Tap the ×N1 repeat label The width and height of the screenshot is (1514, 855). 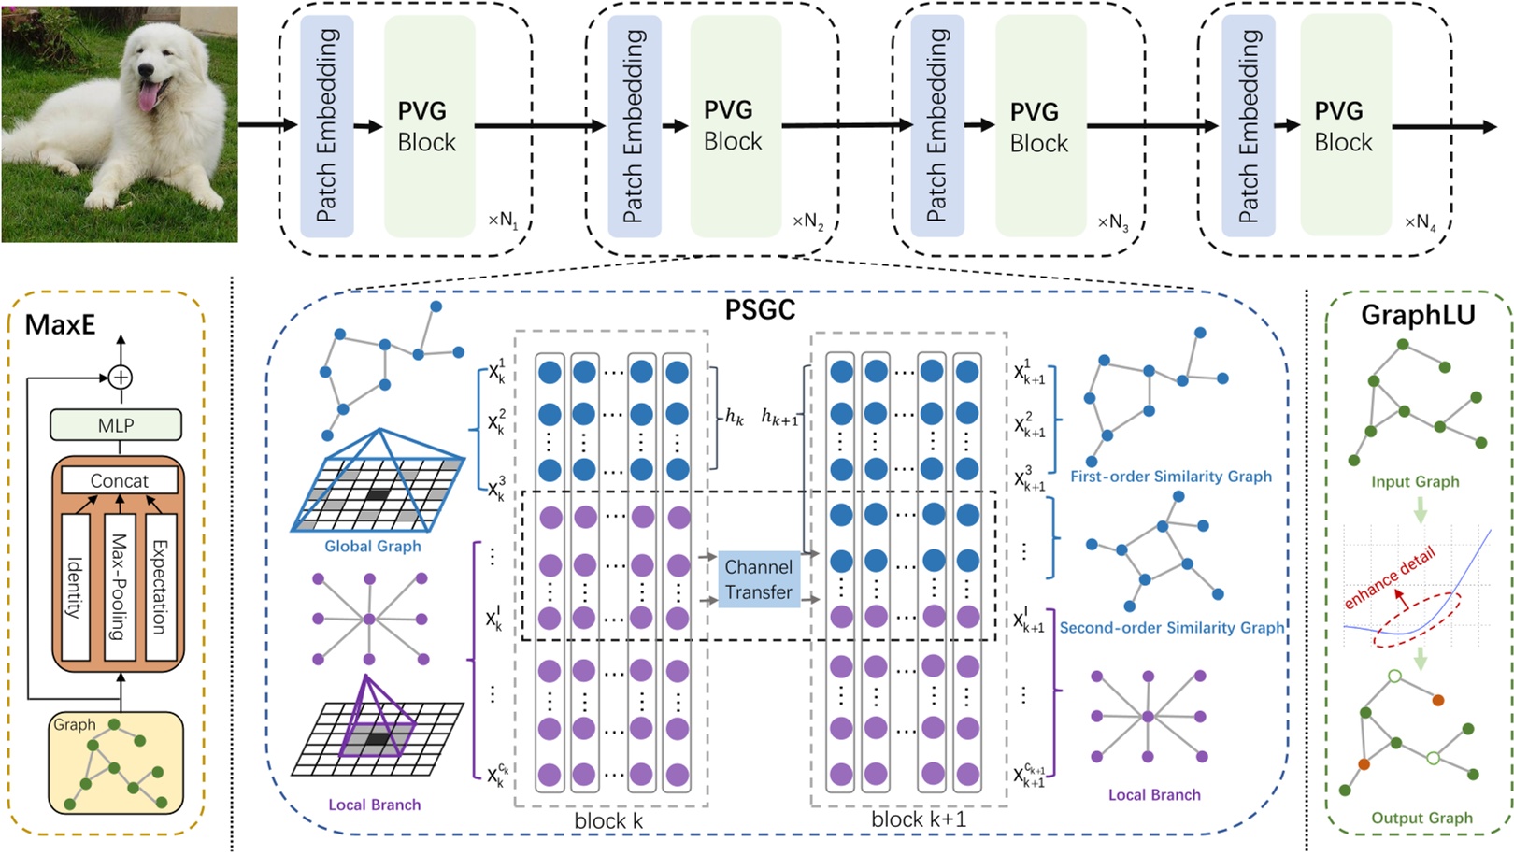click(x=502, y=221)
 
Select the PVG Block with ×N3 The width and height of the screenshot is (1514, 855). click(x=1039, y=126)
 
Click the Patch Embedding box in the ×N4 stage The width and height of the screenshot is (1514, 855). click(x=1248, y=126)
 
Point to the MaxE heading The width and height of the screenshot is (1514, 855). click(x=60, y=324)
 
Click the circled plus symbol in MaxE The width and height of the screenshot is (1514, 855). click(x=120, y=378)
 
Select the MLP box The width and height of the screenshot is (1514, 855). click(x=116, y=425)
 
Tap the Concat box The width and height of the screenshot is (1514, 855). click(x=119, y=480)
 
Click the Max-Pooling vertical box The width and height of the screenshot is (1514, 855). click(x=120, y=586)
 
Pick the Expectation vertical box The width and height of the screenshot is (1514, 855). click(x=161, y=586)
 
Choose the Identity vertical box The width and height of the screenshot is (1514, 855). click(x=76, y=586)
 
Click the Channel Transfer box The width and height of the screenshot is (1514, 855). click(x=758, y=579)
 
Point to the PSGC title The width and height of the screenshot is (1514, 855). click(x=760, y=310)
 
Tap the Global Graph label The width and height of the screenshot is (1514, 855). click(x=372, y=546)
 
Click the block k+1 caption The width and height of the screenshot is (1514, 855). click(x=918, y=819)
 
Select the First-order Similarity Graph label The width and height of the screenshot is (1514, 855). click(x=1170, y=477)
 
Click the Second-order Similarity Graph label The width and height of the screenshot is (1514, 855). click(x=1171, y=628)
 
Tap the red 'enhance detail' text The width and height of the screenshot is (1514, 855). click(x=1389, y=579)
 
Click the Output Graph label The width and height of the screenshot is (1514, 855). click(x=1421, y=818)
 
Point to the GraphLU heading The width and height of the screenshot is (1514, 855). click(x=1417, y=316)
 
